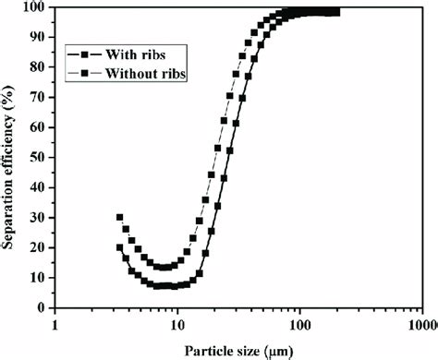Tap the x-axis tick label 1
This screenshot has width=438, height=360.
pyautogui.click(x=56, y=326)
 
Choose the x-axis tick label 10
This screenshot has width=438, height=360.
pyautogui.click(x=176, y=326)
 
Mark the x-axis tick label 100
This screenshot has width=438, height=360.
pyautogui.click(x=298, y=326)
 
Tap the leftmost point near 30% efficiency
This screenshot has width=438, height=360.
pyautogui.click(x=119, y=218)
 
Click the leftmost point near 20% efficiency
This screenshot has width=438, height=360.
pyautogui.click(x=119, y=247)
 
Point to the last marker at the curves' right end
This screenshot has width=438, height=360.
pyautogui.click(x=335, y=12)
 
